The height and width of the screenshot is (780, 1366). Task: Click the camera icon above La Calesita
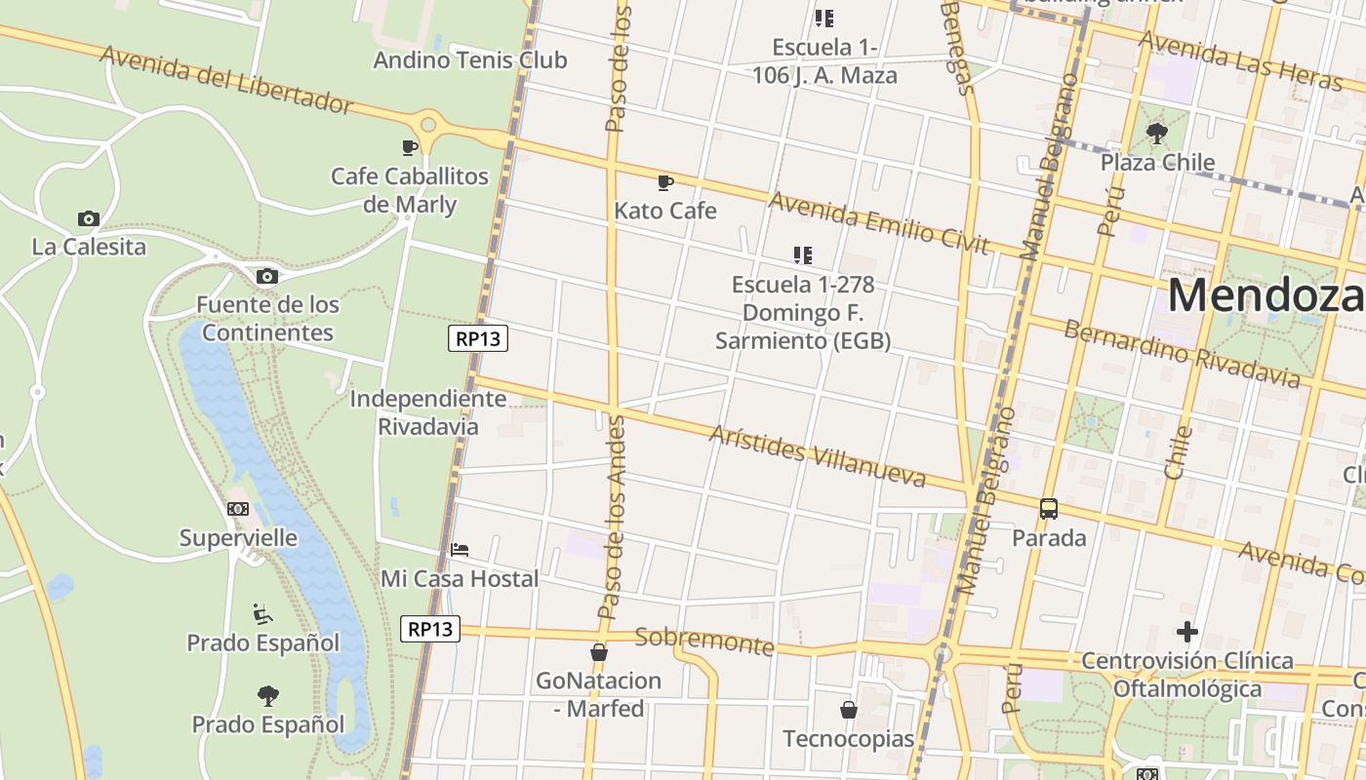click(88, 218)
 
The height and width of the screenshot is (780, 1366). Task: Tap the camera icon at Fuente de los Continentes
click(266, 277)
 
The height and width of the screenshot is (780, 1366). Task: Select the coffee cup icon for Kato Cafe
click(665, 182)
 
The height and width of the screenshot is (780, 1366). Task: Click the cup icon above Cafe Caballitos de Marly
click(410, 147)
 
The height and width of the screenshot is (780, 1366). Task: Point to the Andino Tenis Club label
click(469, 59)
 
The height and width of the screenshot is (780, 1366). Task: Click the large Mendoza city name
click(1266, 294)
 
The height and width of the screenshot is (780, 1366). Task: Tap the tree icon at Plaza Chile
click(1157, 133)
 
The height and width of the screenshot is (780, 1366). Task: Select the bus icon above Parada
click(1049, 508)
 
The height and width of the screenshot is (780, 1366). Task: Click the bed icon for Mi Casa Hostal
click(460, 550)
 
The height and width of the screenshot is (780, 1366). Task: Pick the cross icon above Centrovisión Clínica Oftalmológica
click(1186, 632)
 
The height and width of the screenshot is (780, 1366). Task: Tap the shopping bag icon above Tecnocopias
click(848, 710)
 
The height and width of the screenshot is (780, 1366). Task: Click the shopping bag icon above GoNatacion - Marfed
click(599, 652)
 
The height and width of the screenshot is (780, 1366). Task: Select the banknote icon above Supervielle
click(238, 509)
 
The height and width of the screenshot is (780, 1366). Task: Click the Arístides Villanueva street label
click(818, 456)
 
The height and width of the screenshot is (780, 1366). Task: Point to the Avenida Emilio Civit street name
click(879, 222)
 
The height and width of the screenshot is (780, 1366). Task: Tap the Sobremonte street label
click(704, 641)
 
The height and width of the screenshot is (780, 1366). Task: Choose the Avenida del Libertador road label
click(226, 79)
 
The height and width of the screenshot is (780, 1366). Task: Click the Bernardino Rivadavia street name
click(1182, 352)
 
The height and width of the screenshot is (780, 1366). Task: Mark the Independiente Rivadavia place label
click(428, 412)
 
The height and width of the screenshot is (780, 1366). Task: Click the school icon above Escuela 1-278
click(802, 255)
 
